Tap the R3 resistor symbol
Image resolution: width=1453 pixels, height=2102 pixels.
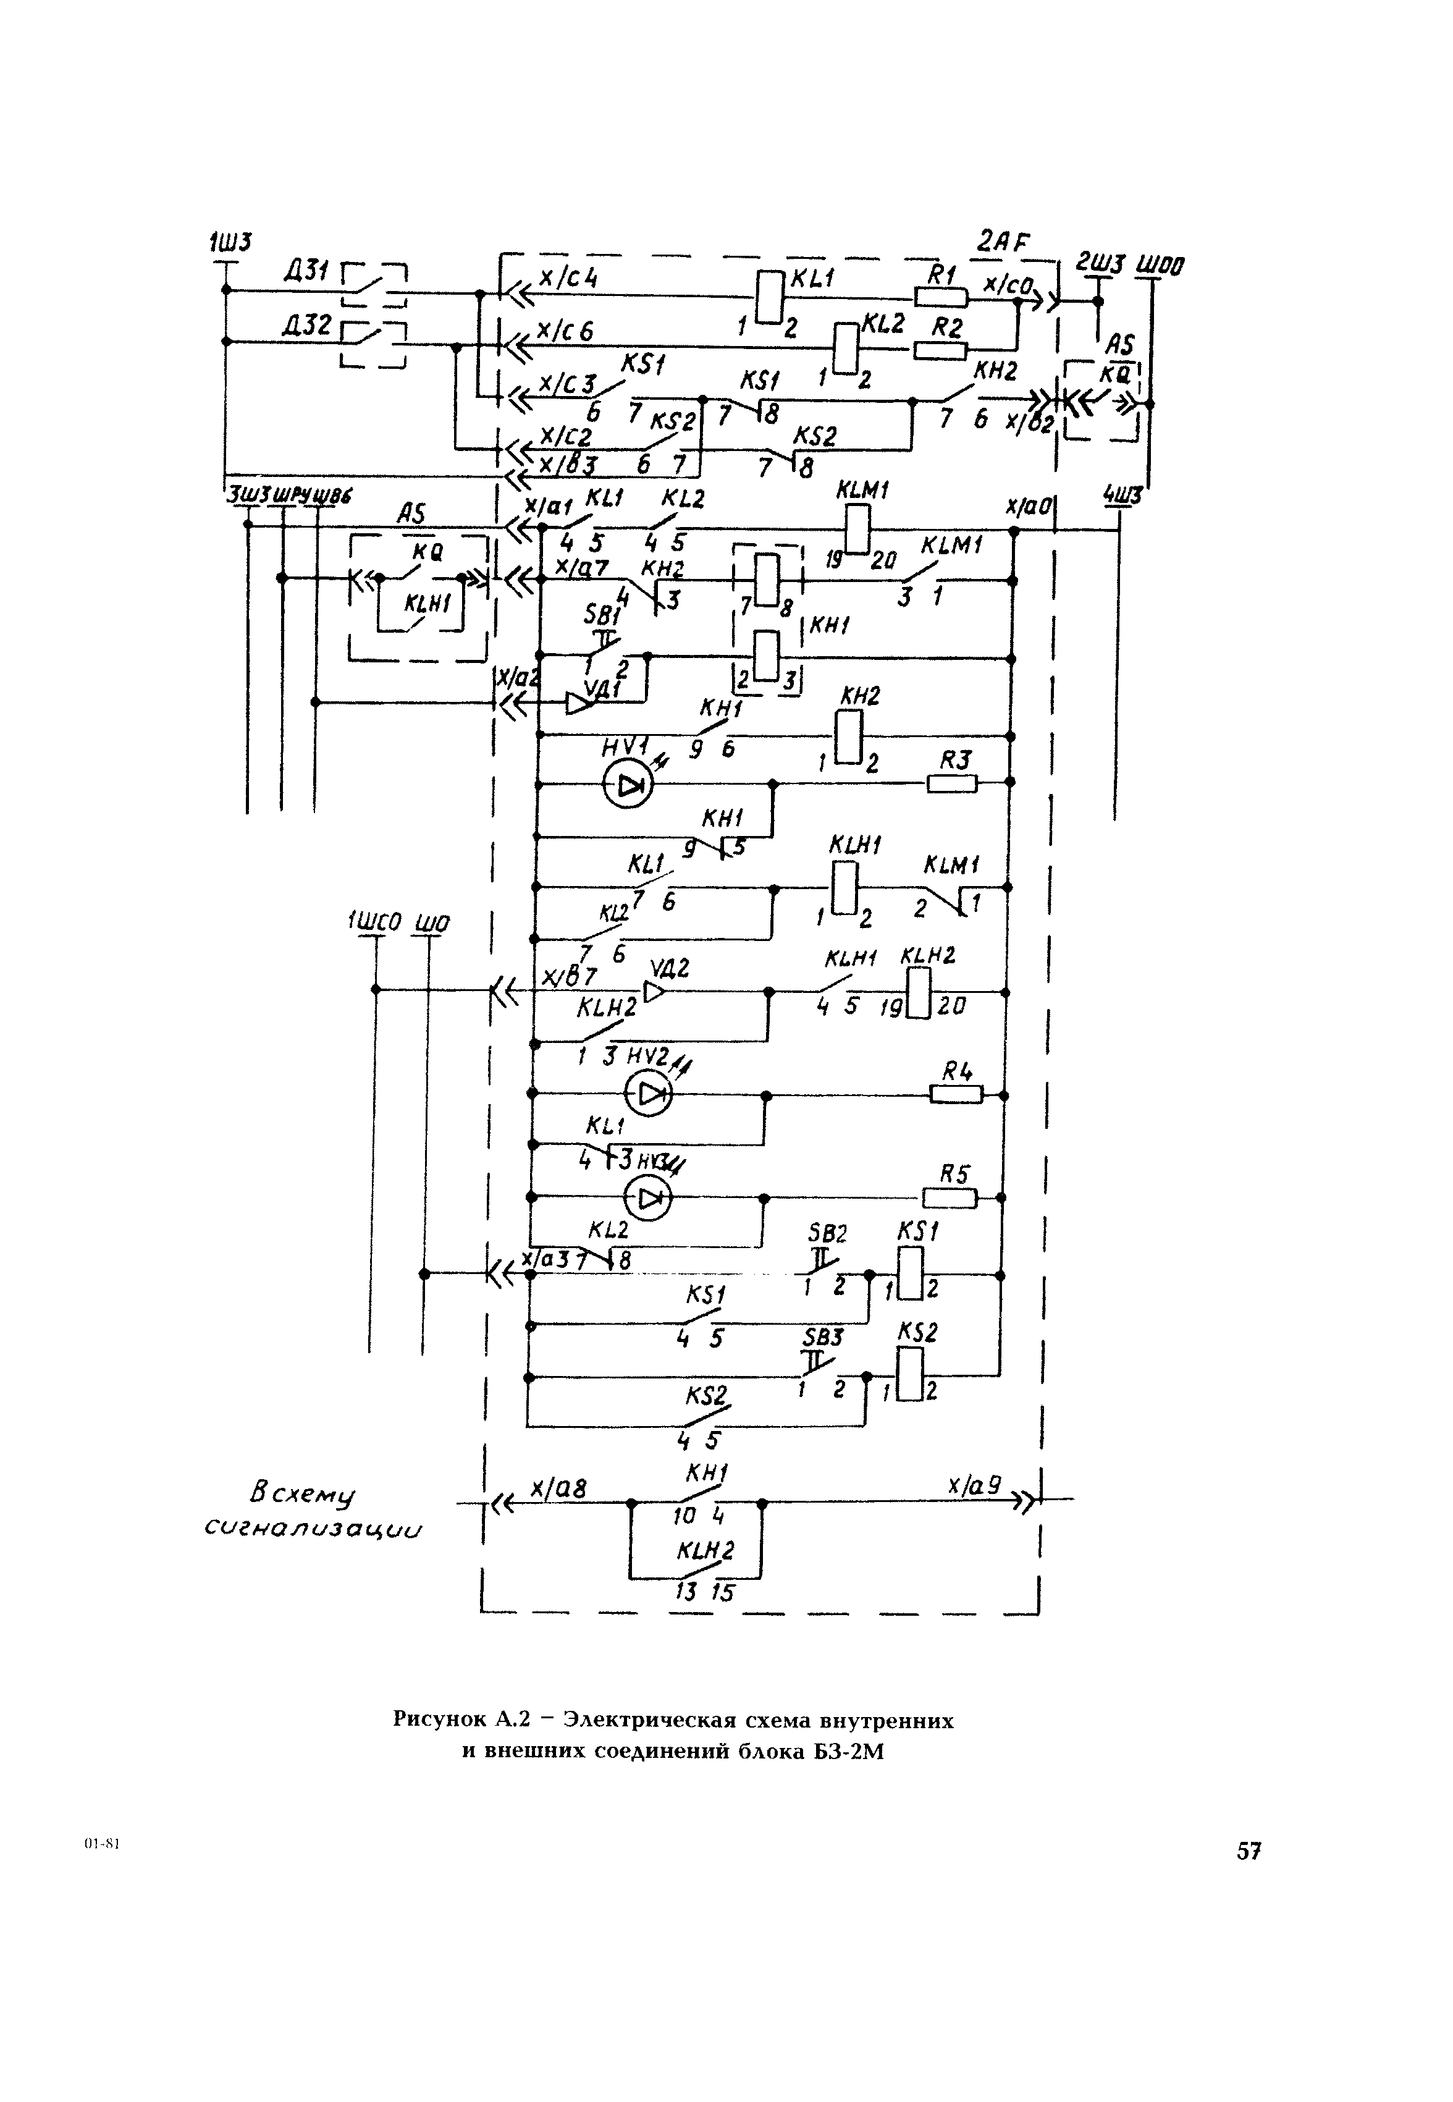click(x=952, y=783)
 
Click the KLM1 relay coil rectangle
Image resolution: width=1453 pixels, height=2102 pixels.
click(x=857, y=529)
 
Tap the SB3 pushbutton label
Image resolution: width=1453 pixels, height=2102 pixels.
click(x=822, y=1336)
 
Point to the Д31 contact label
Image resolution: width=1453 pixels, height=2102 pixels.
click(x=306, y=271)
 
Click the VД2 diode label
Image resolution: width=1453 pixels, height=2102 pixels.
click(x=670, y=969)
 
